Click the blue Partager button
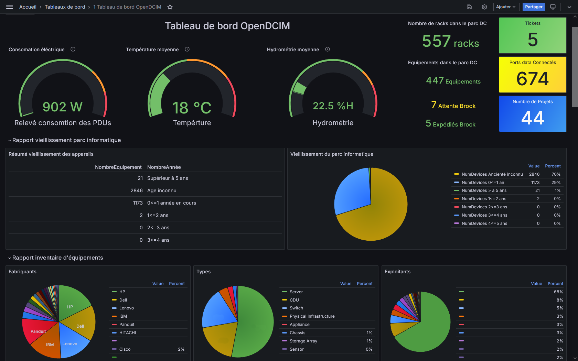pos(534,7)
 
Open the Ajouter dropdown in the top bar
pos(506,7)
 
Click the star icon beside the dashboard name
pos(170,7)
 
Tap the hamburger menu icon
pos(10,7)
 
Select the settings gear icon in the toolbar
pos(484,7)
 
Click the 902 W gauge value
pos(63,107)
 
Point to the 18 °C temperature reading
pos(192,108)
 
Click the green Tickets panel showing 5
pos(533,36)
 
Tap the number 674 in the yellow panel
pos(533,79)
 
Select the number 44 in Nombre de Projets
pos(533,118)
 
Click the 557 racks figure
pos(450,42)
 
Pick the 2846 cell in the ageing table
pos(137,190)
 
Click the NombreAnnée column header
pos(164,167)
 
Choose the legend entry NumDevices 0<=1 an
pos(483,183)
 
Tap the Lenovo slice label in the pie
pos(70,344)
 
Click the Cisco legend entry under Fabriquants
pos(125,349)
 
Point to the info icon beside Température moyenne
pos(187,49)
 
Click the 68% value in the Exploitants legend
pos(558,292)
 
